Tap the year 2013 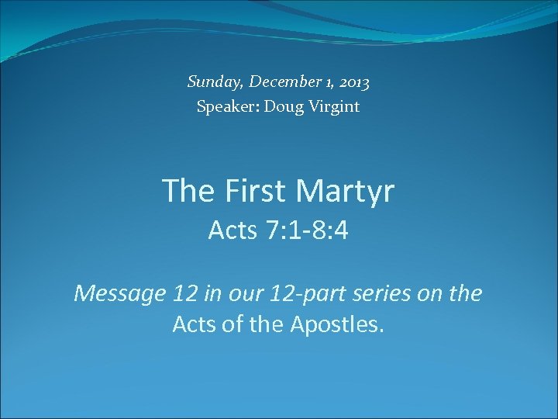[353, 81]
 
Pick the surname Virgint [333, 107]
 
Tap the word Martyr [348, 191]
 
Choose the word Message [119, 293]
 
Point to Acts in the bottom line [193, 324]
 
